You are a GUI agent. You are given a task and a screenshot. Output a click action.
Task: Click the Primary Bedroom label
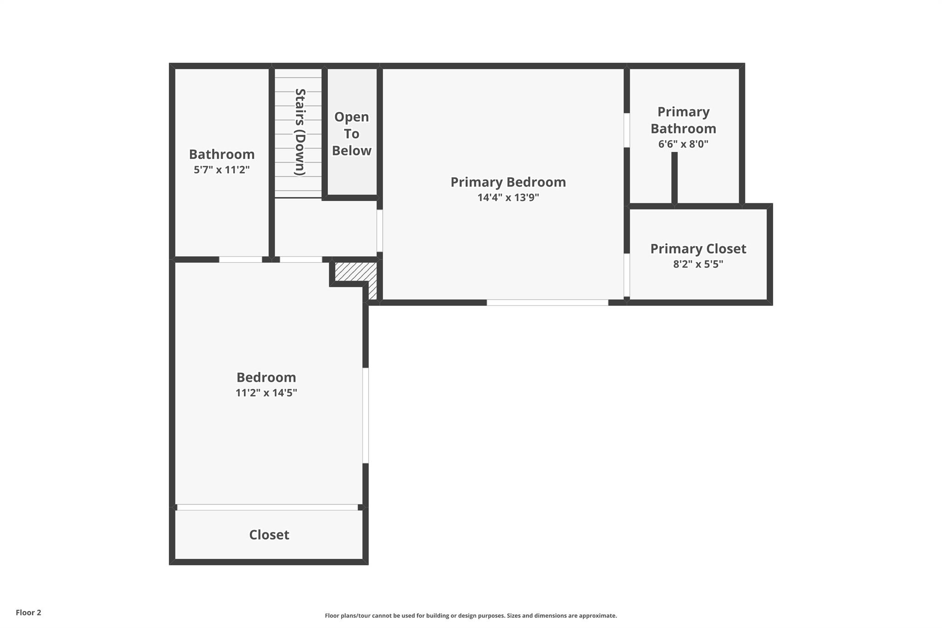point(508,182)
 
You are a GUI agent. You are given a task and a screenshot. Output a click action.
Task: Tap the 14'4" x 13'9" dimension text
point(508,198)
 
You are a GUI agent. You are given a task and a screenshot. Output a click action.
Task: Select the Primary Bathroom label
point(683,120)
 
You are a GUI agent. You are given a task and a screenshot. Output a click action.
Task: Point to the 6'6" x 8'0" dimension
point(683,144)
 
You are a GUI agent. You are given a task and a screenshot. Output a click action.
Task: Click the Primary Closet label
point(698,249)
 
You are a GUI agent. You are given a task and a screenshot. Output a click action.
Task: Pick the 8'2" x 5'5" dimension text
point(698,264)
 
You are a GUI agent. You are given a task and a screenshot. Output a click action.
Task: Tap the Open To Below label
point(351,134)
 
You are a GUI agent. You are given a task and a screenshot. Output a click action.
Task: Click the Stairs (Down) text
point(300,132)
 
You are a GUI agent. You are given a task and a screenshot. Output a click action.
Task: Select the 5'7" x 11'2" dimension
point(221,170)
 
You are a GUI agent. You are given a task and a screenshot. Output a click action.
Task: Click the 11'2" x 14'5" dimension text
point(266,393)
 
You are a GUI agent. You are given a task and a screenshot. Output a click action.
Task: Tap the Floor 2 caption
point(29,612)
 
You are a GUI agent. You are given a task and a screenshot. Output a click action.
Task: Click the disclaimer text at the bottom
point(471,616)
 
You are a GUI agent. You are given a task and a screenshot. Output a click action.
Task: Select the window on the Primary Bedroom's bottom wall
point(547,302)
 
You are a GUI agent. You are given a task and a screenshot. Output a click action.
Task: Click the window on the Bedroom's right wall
point(366,415)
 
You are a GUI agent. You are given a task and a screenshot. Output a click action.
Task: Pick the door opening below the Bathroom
point(240,259)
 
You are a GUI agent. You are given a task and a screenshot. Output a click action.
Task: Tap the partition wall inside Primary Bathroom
point(674,178)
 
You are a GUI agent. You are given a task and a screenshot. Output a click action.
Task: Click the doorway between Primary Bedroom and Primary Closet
point(626,275)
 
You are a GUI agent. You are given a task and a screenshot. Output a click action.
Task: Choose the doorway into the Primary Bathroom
point(626,130)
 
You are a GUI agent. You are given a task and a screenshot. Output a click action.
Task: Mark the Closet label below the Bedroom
point(269,535)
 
